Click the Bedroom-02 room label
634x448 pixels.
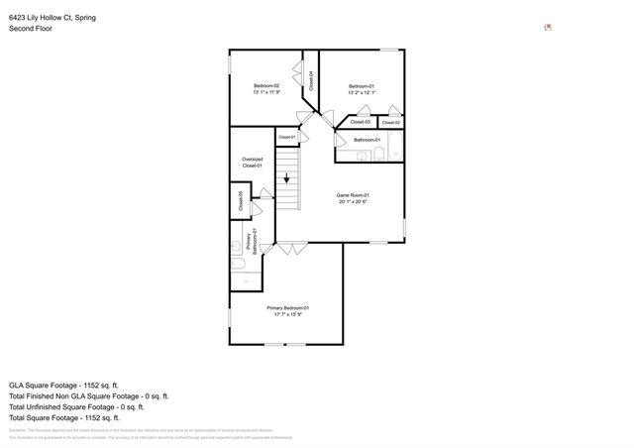(266, 86)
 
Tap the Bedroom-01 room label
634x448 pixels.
(361, 86)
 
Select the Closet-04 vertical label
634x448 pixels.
(311, 80)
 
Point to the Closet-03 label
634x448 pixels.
(361, 122)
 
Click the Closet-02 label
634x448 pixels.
(390, 122)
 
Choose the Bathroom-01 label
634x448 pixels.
(367, 140)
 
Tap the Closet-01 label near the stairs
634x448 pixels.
(287, 136)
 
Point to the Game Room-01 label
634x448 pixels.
(353, 195)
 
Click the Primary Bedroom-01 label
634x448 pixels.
(288, 308)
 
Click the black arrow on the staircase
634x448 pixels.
(287, 179)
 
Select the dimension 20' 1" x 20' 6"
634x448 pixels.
(353, 202)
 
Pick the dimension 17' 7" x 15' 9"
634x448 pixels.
(288, 315)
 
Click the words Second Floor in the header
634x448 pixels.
(31, 29)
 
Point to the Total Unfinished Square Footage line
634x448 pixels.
(76, 406)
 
